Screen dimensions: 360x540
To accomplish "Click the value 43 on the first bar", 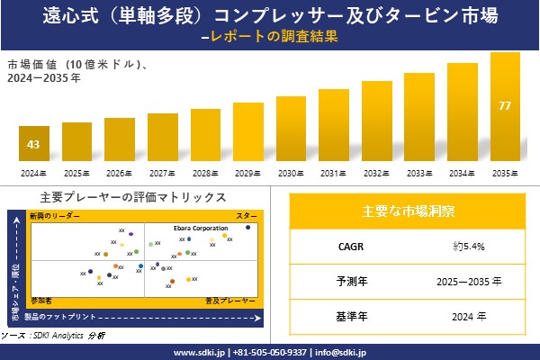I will [33, 145].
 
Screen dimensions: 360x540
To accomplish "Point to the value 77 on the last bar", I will [505, 106].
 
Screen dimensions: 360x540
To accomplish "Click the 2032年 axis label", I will [376, 173].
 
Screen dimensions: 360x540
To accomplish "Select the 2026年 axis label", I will [119, 173].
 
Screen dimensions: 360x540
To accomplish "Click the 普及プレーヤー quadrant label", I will [225, 297].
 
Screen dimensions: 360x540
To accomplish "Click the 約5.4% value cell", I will [469, 245].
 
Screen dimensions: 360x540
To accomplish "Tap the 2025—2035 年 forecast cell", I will [469, 281].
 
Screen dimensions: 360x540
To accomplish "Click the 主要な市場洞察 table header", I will [407, 211].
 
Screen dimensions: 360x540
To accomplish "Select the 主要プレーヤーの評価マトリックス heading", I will [133, 197].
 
